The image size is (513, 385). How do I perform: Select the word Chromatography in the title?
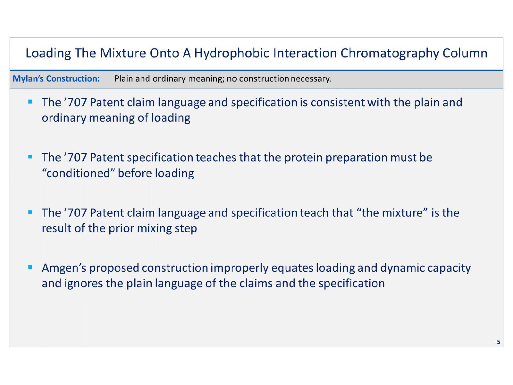pos(390,53)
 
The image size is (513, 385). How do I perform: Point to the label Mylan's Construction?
pos(56,79)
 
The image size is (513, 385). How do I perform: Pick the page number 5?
pos(498,342)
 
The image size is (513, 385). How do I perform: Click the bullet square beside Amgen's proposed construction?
pos(30,267)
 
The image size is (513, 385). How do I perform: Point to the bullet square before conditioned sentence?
pos(30,157)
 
